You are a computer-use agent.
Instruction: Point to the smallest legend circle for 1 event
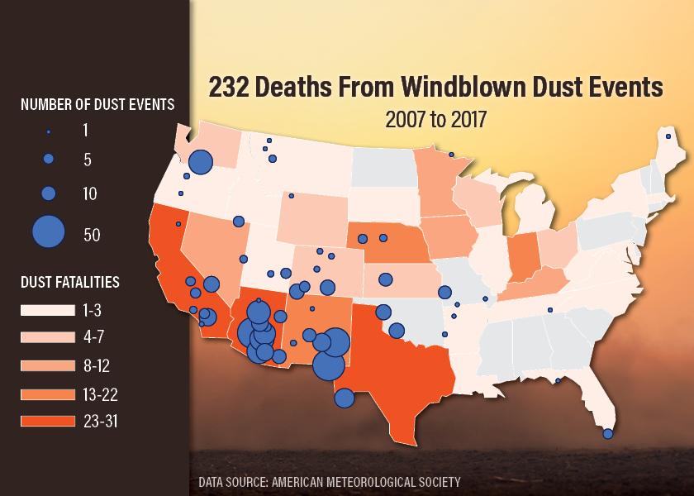(48, 131)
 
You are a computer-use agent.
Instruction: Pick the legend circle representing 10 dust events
(48, 193)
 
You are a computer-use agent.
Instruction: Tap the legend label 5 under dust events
(88, 161)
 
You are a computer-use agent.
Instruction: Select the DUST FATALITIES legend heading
(70, 283)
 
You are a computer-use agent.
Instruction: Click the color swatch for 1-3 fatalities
(48, 311)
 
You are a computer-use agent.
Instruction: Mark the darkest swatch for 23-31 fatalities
(48, 421)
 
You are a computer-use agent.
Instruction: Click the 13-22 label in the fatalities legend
(100, 393)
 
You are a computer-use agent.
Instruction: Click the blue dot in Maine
(668, 136)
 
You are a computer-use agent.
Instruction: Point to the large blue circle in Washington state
(201, 163)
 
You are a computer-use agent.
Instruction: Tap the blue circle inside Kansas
(383, 279)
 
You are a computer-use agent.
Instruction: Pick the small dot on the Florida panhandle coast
(558, 381)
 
